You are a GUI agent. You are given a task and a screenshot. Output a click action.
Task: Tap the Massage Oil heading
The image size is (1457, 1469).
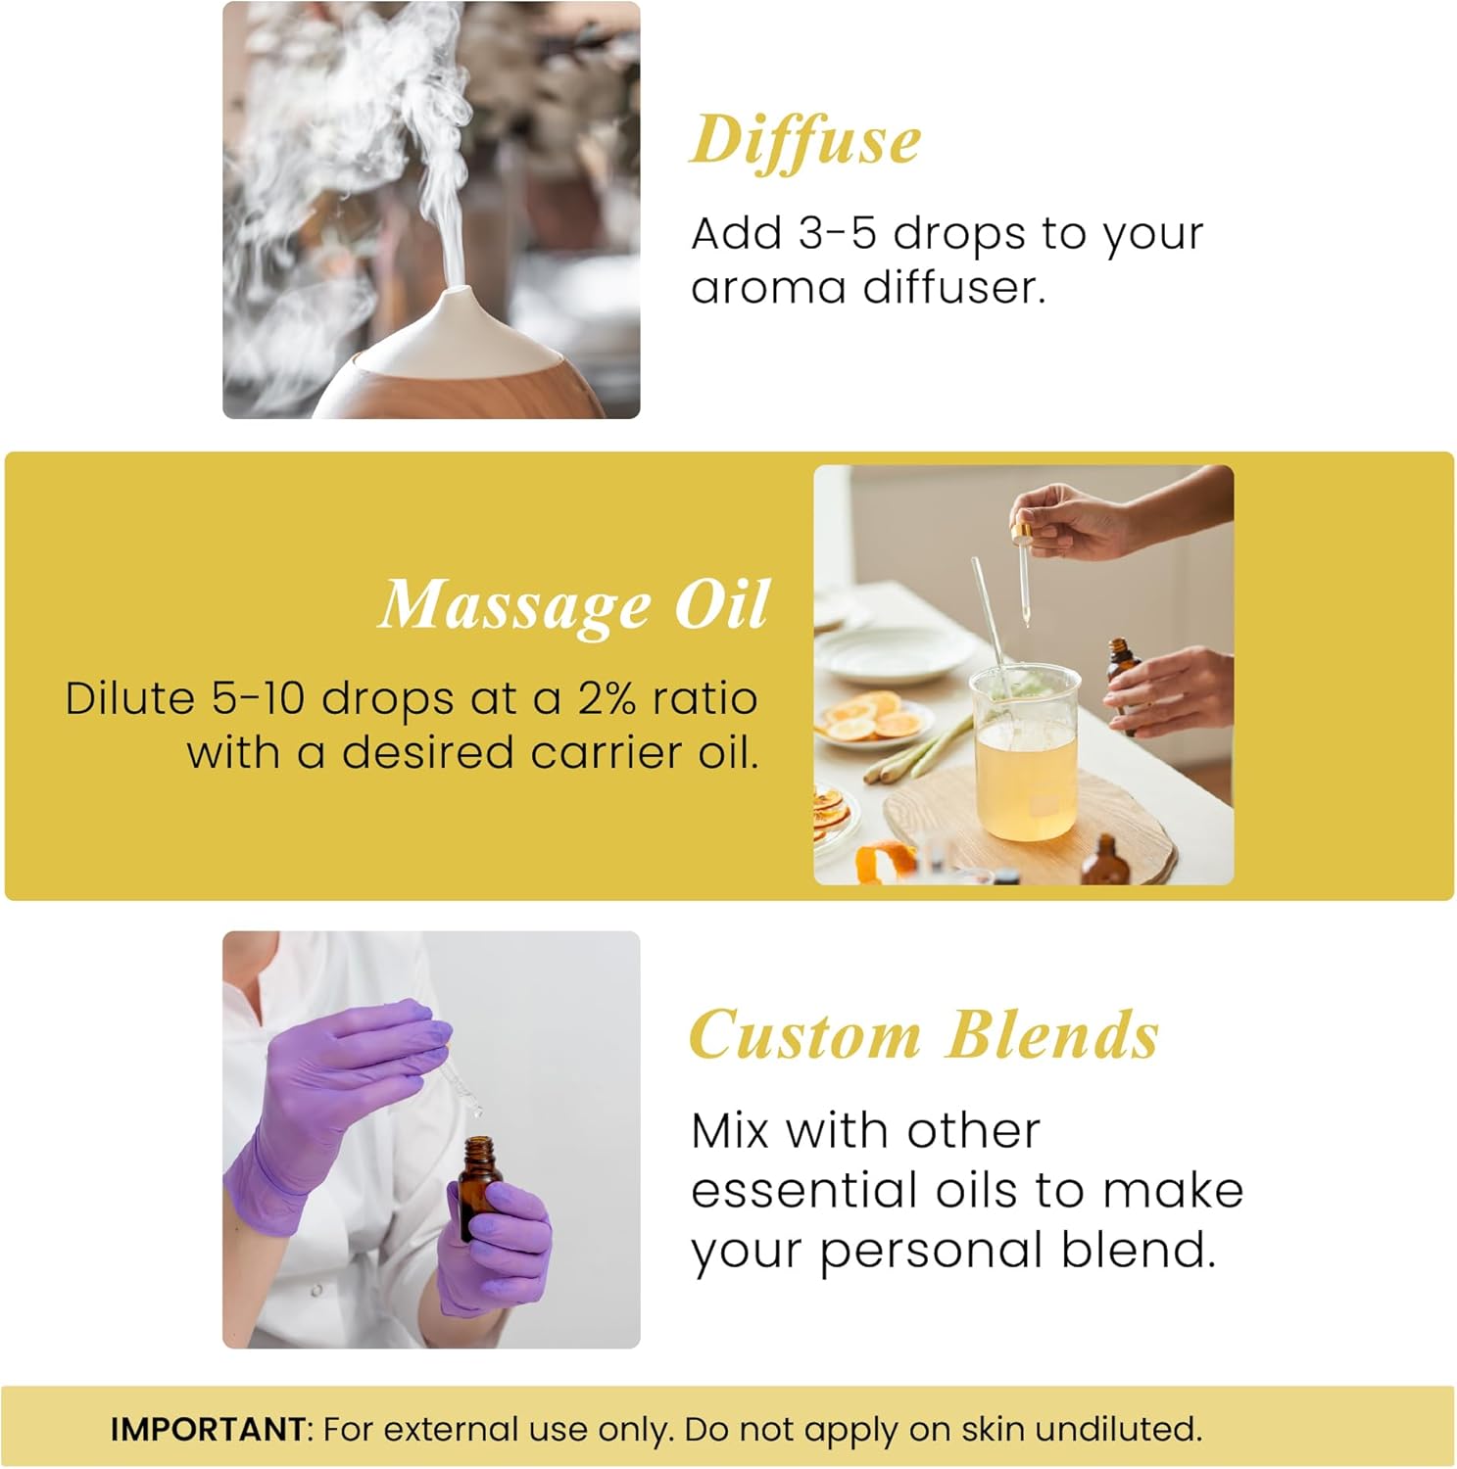pyautogui.click(x=573, y=605)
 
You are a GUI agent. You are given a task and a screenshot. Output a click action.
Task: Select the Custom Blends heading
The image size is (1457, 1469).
pyautogui.click(x=924, y=1035)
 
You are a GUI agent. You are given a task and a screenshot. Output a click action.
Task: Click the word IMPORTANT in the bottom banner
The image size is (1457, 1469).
pyautogui.click(x=208, y=1429)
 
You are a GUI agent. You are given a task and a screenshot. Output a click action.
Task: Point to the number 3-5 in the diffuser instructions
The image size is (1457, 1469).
pyautogui.click(x=837, y=234)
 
